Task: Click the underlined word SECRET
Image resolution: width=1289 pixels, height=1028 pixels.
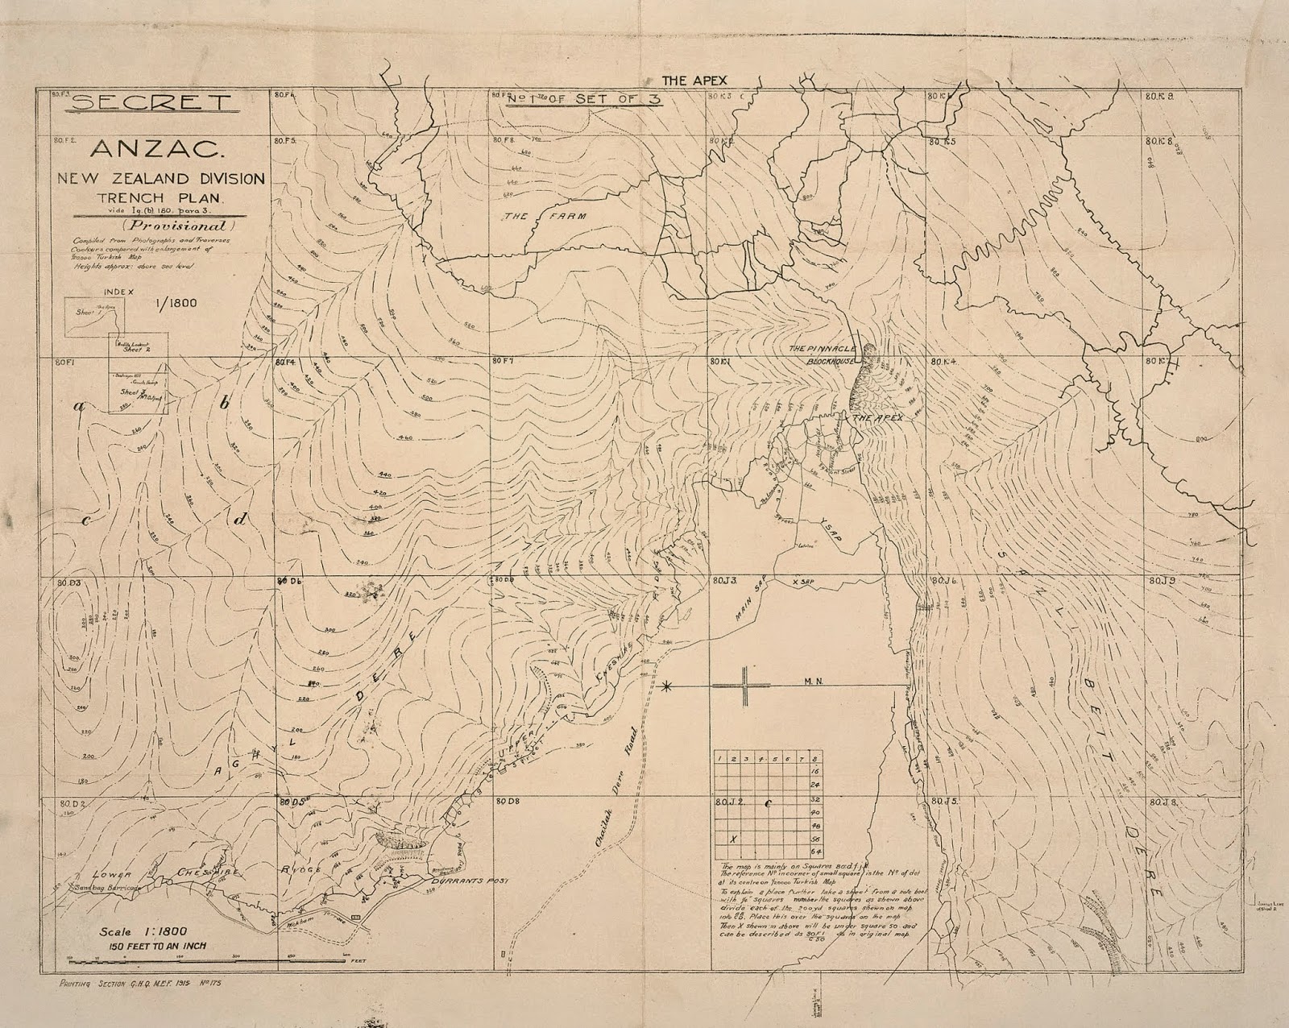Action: click(x=151, y=102)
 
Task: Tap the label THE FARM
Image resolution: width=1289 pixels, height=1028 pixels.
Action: click(x=545, y=217)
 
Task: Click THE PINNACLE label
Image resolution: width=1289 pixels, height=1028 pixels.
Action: click(x=823, y=349)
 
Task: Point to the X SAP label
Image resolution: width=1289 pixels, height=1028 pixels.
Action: click(x=805, y=580)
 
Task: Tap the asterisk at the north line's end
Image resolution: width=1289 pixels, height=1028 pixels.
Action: click(x=666, y=686)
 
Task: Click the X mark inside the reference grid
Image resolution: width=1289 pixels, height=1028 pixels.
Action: click(x=732, y=839)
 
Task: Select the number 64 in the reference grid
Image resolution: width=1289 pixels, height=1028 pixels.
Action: click(x=815, y=851)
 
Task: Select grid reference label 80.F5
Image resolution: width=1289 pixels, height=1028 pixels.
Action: click(x=286, y=140)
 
